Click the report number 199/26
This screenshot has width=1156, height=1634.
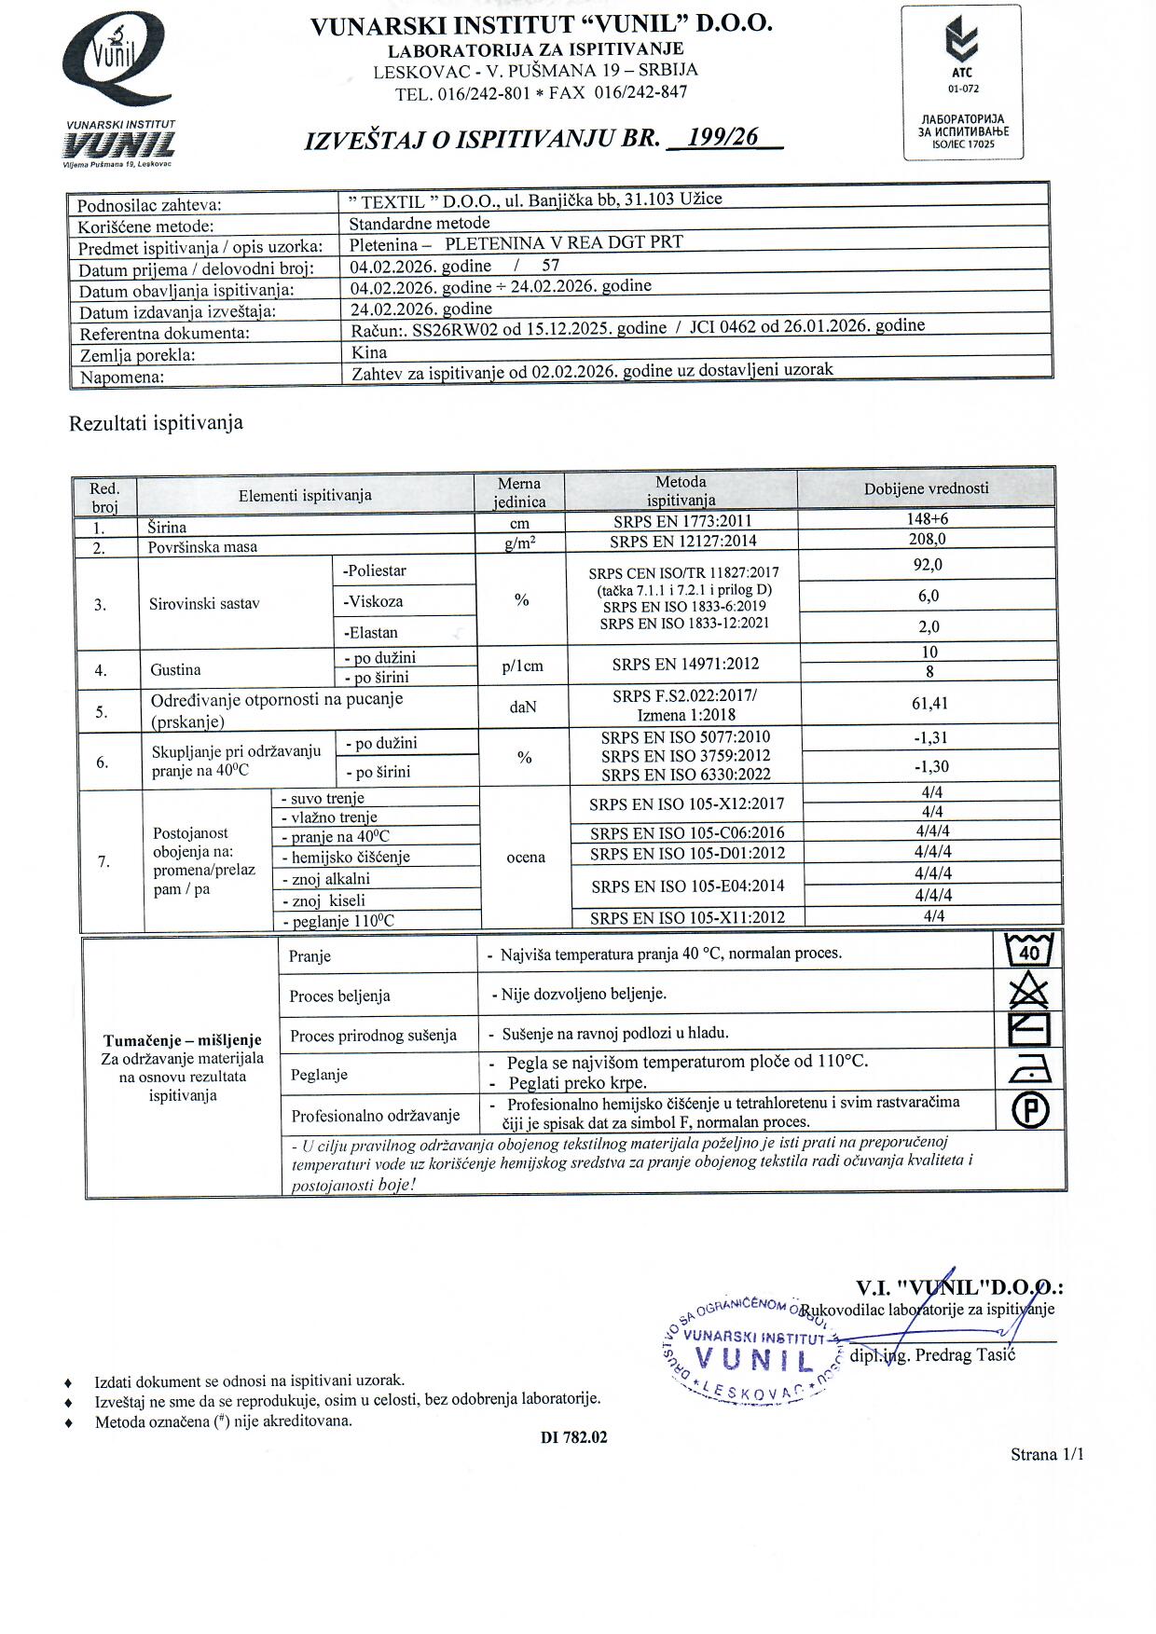(722, 138)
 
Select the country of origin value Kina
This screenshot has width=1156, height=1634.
(369, 353)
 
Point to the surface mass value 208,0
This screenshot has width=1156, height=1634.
(927, 539)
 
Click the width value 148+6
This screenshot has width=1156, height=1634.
(927, 519)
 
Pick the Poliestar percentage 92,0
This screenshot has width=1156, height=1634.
(927, 565)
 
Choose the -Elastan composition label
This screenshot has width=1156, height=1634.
(371, 633)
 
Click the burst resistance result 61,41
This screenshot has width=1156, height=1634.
(929, 704)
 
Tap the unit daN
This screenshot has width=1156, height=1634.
(523, 707)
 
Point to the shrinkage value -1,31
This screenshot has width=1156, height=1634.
(930, 738)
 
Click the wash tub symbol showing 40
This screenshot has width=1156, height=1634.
(1029, 951)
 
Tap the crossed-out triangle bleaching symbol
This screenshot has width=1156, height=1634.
(1029, 990)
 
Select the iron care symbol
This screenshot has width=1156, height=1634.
(1029, 1070)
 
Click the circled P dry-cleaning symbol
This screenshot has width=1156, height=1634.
(1030, 1110)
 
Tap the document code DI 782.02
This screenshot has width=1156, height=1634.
(573, 1437)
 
